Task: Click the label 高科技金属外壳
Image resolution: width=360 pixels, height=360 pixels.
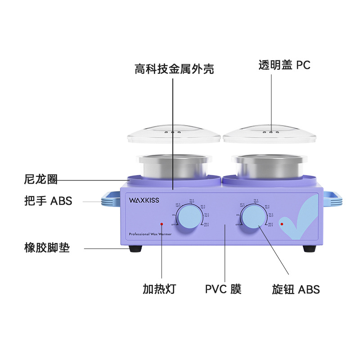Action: point(174,69)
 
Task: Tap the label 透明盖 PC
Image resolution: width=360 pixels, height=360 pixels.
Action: point(284,65)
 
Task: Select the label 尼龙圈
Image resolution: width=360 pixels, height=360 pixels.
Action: point(40,180)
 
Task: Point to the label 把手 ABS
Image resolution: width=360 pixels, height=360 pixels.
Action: point(48,201)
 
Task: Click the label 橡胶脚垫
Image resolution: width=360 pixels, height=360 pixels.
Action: point(47,247)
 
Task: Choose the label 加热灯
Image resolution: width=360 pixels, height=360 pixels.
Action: point(159,289)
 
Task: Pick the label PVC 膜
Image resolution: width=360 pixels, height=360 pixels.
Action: point(223,289)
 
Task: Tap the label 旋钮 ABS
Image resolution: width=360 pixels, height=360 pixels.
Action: point(296,289)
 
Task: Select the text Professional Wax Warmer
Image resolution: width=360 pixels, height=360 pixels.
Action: point(147,234)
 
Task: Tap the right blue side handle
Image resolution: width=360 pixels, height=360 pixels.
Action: point(332,199)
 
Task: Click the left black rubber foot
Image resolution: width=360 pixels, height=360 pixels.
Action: point(135,249)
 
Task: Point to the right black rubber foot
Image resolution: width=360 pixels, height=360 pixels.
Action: point(309,249)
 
